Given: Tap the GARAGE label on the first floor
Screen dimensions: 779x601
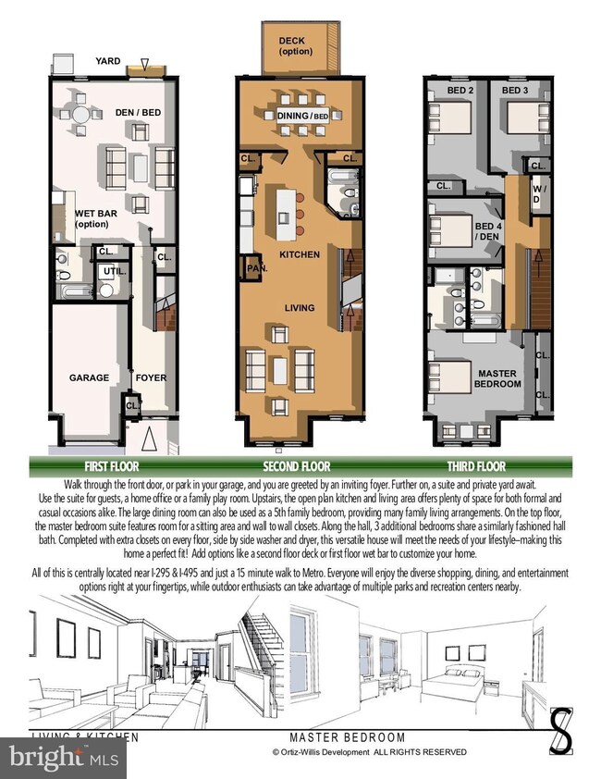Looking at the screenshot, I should (x=89, y=377).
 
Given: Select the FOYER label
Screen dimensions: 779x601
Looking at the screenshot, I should (x=151, y=377).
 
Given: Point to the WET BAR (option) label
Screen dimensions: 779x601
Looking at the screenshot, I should (x=96, y=218).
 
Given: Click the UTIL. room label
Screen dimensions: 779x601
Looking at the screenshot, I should (x=115, y=270).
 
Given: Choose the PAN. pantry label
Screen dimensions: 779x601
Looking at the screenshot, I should (x=256, y=269).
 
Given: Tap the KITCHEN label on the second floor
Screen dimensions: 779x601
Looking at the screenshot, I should (x=300, y=254).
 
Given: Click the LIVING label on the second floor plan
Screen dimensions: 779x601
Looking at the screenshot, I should (x=299, y=308).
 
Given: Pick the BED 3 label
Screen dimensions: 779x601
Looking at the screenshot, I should (x=514, y=91).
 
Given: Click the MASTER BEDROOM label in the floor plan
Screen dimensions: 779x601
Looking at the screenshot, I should (x=497, y=378).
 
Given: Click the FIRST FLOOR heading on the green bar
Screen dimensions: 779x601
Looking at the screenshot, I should (x=113, y=466).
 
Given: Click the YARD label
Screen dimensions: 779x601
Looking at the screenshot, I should (x=108, y=63).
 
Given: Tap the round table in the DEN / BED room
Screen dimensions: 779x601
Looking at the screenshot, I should (x=83, y=116).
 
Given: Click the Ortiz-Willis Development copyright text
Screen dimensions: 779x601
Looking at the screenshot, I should (x=369, y=753).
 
